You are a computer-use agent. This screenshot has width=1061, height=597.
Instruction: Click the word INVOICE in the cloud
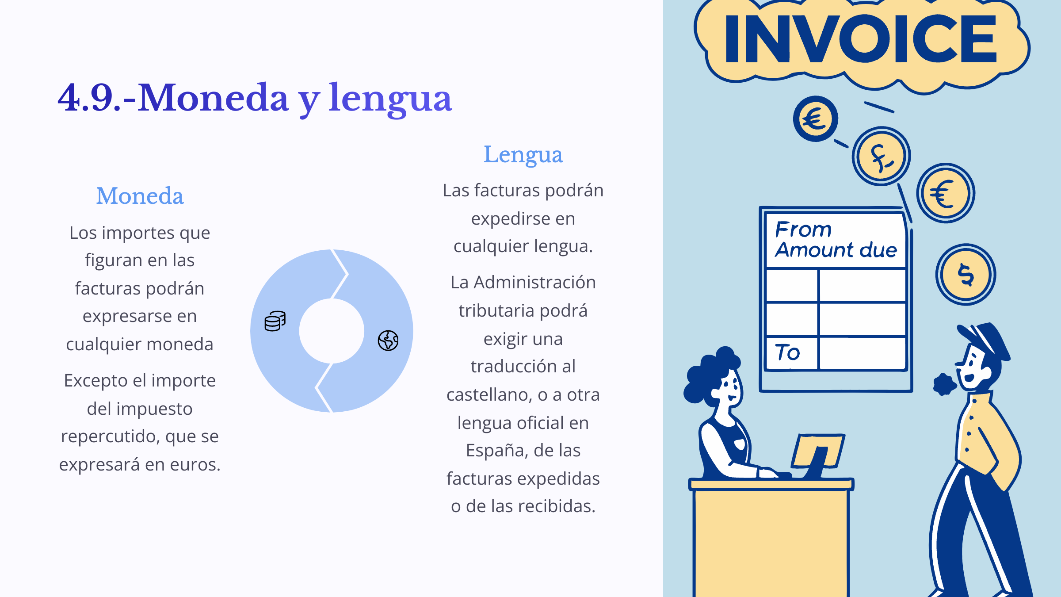[x=861, y=38]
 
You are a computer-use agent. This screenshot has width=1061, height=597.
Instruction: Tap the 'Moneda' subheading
[x=140, y=196]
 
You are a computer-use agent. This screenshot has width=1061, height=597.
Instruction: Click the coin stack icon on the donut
[x=275, y=321]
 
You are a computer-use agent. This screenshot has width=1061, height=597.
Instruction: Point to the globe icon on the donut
[x=388, y=341]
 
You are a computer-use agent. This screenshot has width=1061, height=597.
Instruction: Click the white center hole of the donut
[x=332, y=331]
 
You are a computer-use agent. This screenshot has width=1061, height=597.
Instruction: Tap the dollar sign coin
[x=966, y=275]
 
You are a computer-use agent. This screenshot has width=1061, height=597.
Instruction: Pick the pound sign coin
[x=881, y=157]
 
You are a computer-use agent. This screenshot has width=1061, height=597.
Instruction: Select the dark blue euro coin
[x=815, y=119]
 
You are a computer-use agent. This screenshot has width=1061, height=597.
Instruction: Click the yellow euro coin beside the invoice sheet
[x=946, y=193]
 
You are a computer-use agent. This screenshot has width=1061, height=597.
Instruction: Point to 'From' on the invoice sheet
[x=803, y=230]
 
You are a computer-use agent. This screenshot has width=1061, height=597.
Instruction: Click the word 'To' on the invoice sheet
[x=788, y=352]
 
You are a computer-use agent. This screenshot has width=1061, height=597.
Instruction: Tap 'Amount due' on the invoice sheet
[x=836, y=250]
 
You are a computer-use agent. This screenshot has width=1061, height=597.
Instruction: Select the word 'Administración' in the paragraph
[x=535, y=282]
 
